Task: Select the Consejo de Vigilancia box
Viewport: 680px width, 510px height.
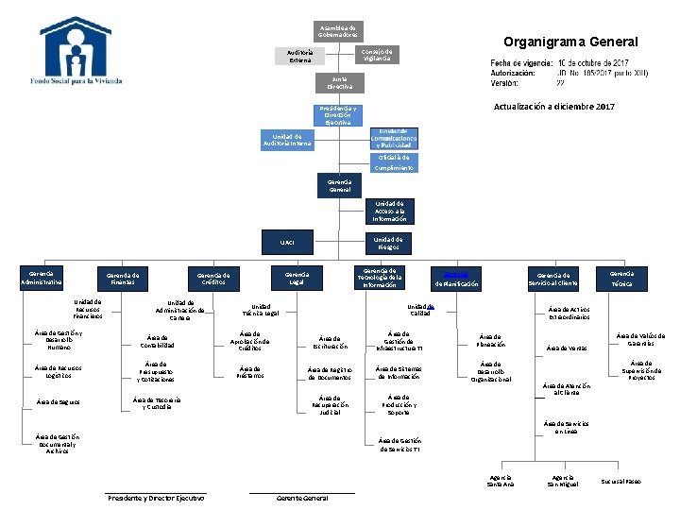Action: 378,54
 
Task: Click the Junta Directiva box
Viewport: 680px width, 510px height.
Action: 339,82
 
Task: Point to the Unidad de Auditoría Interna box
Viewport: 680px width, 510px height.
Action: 287,140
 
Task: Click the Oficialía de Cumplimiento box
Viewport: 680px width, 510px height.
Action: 392,162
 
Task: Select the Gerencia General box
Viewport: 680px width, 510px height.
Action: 339,185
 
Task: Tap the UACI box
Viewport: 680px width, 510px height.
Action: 287,243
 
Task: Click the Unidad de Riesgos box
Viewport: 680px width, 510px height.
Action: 388,243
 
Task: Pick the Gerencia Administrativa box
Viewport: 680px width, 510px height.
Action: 42,276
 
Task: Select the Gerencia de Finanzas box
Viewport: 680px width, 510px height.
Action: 123,278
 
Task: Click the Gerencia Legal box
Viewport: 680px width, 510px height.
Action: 297,277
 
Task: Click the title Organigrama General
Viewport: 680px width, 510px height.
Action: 570,42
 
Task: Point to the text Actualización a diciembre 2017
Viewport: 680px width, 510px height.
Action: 553,107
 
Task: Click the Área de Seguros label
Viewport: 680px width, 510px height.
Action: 58,402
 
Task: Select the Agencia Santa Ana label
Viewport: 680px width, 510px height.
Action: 501,482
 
